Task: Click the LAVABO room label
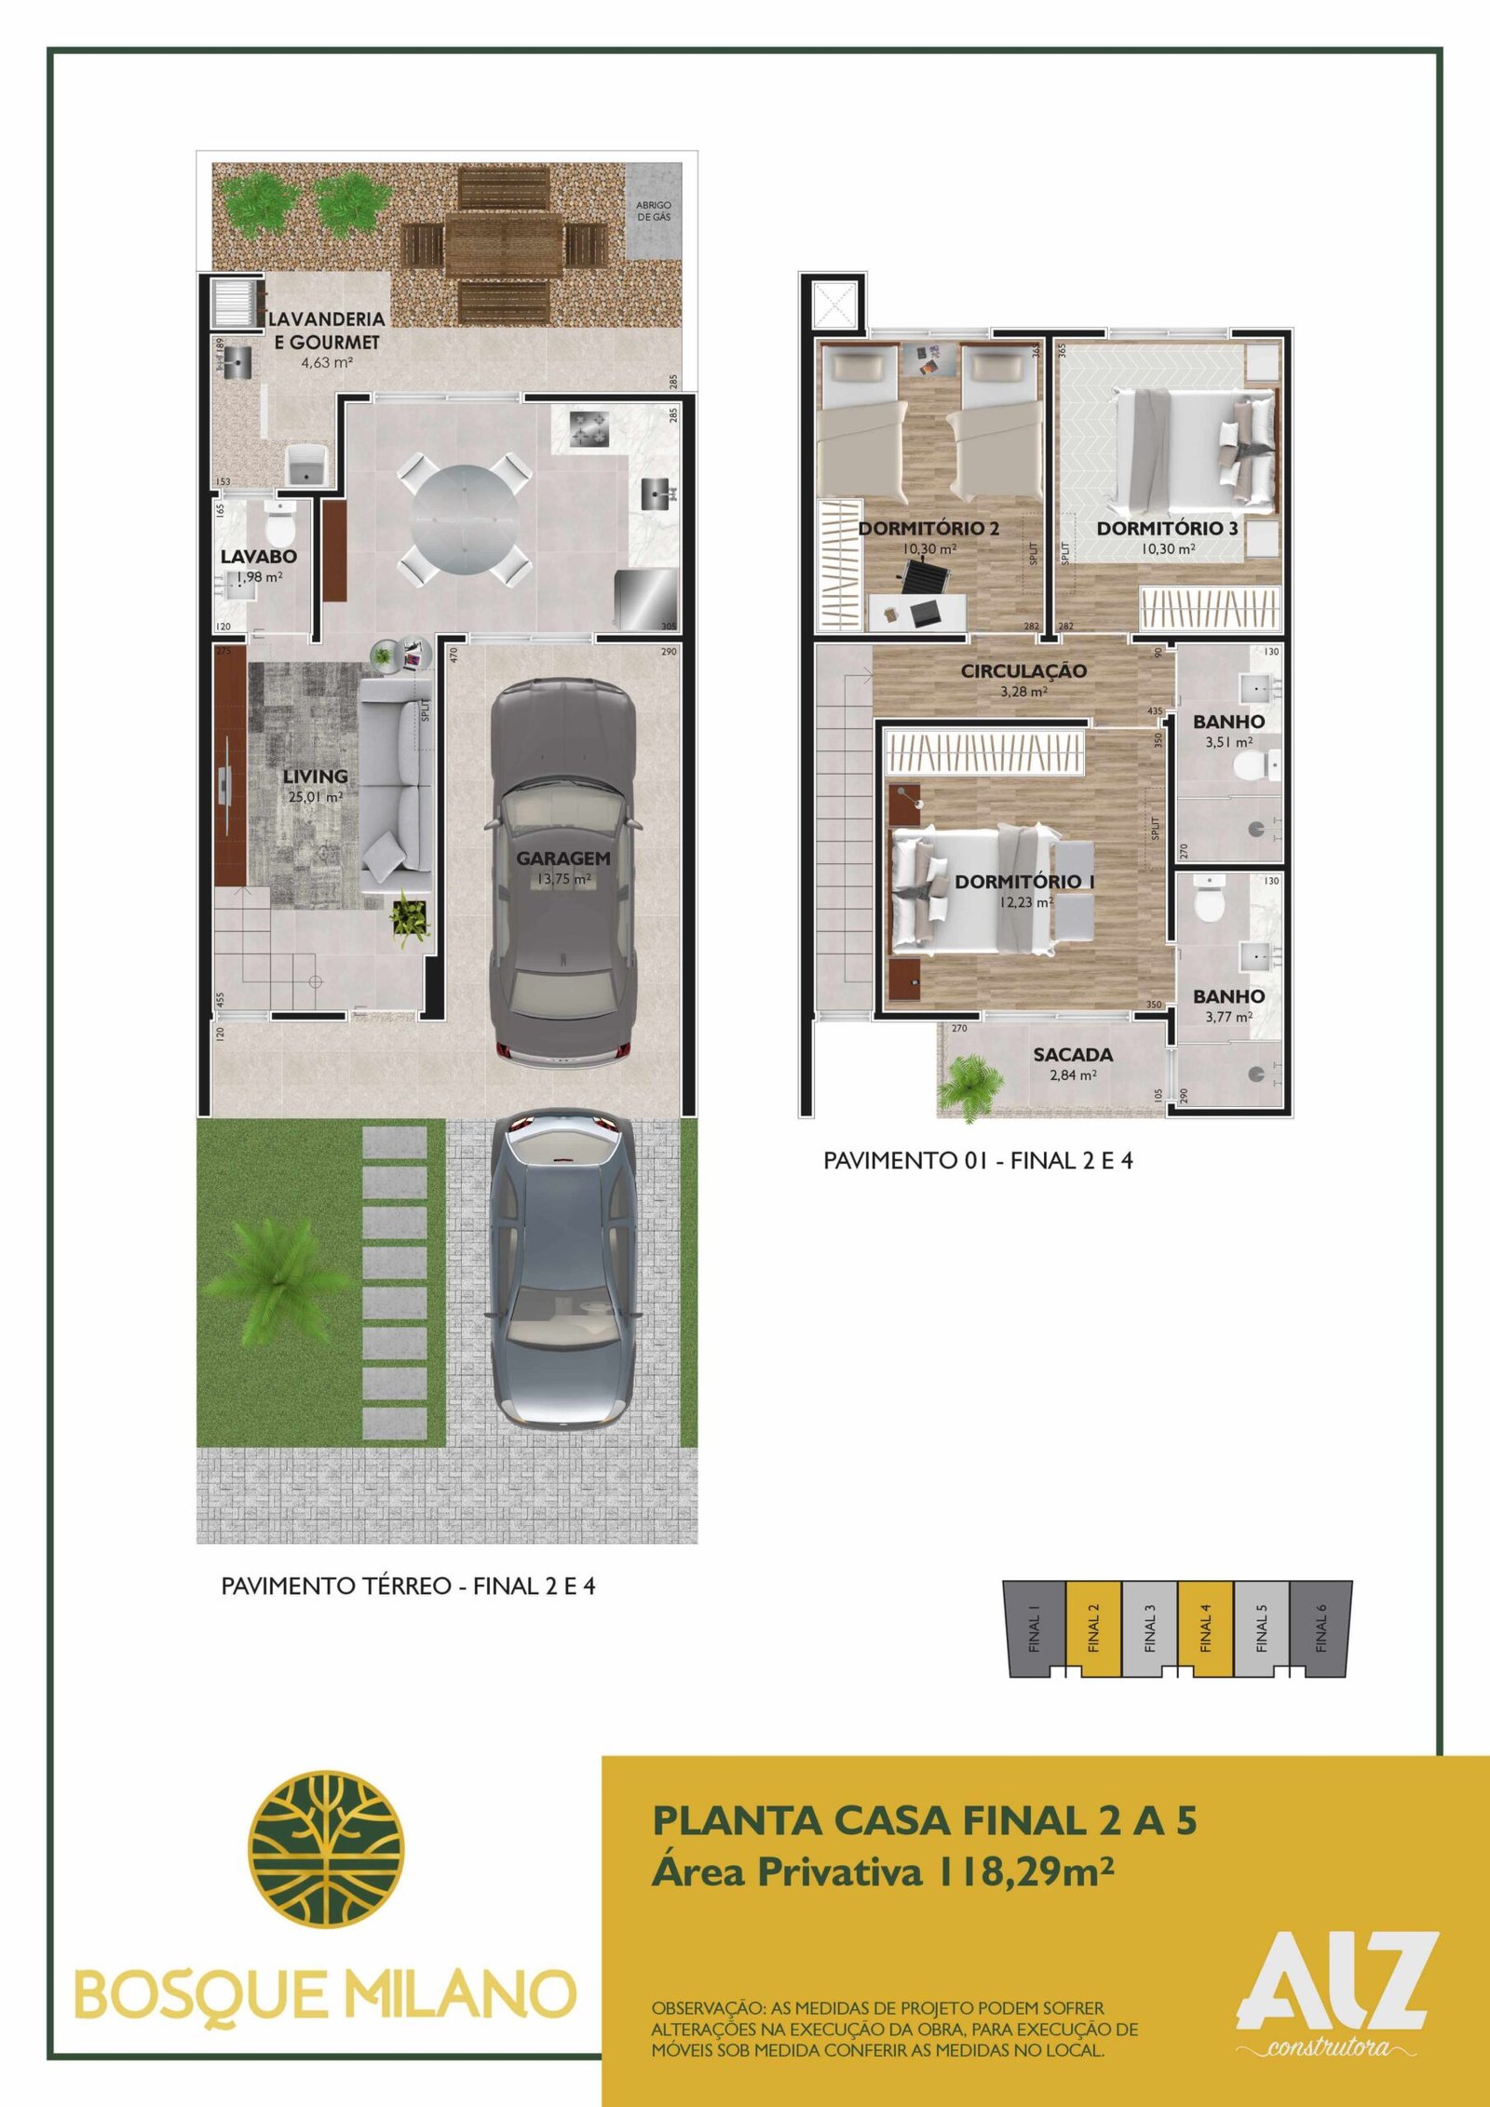coord(259,557)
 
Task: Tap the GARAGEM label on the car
coord(563,858)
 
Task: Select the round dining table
coord(466,520)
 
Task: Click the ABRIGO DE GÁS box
coord(654,211)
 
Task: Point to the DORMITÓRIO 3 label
coord(1167,528)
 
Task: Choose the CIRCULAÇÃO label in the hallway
coord(1023,670)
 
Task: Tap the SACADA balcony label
coord(1073,1055)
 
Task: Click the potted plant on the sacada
coord(972,1085)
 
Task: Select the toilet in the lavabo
coord(279,525)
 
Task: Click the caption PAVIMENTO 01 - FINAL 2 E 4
coord(978,1160)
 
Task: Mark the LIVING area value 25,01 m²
coord(315,797)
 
